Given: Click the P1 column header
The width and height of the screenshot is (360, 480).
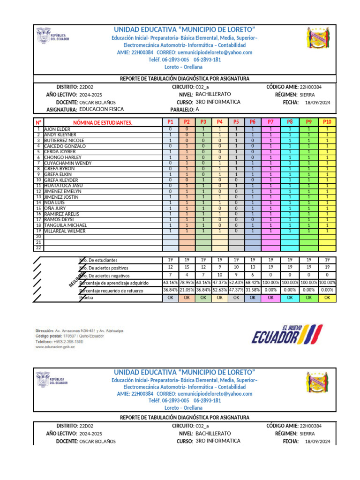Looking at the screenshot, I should [x=170, y=122].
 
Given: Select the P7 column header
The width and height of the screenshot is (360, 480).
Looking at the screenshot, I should [x=270, y=122].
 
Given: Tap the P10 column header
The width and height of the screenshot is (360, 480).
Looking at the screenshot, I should [x=327, y=122].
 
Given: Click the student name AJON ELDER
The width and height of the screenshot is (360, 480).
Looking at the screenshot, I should [x=57, y=129].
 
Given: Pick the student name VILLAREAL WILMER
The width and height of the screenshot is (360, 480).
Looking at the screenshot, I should [x=65, y=231].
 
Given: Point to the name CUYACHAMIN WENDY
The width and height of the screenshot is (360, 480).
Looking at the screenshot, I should [x=67, y=163].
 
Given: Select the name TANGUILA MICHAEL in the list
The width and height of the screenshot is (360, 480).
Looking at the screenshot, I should [x=65, y=225].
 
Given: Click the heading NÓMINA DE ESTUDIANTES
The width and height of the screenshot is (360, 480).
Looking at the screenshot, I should [x=103, y=123].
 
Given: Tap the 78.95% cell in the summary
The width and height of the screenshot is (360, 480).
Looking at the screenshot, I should [x=187, y=283].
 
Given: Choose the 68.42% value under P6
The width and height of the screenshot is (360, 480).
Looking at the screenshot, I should [x=252, y=283].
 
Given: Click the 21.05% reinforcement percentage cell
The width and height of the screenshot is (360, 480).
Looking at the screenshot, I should [x=187, y=290].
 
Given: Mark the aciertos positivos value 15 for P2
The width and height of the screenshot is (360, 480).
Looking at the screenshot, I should [x=187, y=267].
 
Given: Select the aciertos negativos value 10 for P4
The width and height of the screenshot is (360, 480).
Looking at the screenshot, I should [x=220, y=275].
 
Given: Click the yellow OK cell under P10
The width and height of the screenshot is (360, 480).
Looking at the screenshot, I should [x=327, y=298].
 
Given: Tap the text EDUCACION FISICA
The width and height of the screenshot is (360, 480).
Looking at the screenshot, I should [x=102, y=109].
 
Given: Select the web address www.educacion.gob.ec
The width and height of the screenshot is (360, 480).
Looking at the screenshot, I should [x=55, y=347].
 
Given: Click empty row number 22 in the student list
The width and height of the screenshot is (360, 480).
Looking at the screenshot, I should [x=38, y=248].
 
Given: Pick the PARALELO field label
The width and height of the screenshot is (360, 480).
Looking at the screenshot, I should [x=179, y=109].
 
